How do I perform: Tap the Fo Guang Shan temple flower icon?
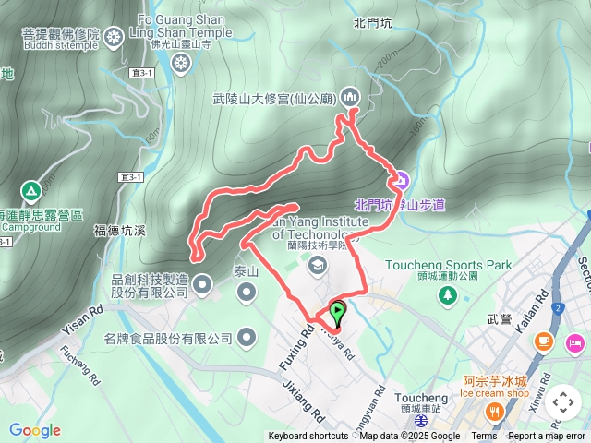click(181, 62)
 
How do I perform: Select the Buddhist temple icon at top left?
click(114, 37)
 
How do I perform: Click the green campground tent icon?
click(30, 191)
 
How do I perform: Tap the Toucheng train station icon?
click(422, 420)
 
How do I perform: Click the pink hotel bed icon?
click(576, 343)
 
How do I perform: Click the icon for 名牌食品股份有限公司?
click(247, 339)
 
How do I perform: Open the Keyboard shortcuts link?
click(308, 437)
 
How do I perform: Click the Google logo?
click(34, 430)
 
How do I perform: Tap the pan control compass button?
click(563, 402)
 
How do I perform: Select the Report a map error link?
click(547, 437)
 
